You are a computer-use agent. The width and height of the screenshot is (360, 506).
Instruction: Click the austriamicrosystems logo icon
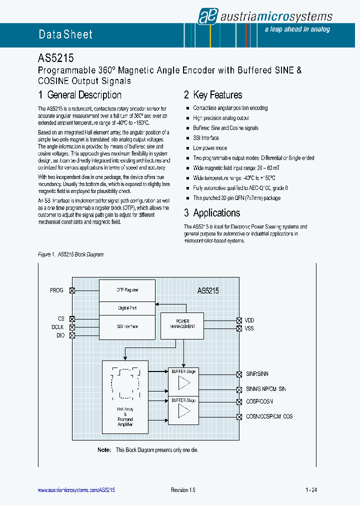[x=206, y=16]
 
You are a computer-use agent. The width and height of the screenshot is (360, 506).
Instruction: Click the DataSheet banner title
[x=65, y=34]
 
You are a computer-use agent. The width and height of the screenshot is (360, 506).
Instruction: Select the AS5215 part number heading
[x=56, y=58]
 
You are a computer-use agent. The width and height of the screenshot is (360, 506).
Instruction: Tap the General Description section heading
[x=80, y=95]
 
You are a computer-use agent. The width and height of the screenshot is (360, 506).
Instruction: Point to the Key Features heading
[x=213, y=95]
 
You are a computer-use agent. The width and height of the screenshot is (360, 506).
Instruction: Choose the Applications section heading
[x=212, y=213]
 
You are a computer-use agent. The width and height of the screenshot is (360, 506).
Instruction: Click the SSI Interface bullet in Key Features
[x=206, y=138]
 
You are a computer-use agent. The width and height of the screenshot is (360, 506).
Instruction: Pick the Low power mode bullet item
[x=210, y=148]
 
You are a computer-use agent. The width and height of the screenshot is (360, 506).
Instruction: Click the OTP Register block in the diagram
[x=127, y=290]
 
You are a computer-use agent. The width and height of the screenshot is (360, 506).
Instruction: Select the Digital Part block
[x=127, y=308]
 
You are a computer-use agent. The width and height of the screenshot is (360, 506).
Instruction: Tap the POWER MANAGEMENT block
[x=182, y=324]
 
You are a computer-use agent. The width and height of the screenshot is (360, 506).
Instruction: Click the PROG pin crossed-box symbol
[x=72, y=290]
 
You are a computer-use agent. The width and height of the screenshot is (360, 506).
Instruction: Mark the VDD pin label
[x=249, y=320]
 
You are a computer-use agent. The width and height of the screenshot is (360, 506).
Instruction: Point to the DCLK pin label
[x=57, y=327]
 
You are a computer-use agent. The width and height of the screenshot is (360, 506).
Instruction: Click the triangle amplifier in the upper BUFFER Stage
[x=184, y=383]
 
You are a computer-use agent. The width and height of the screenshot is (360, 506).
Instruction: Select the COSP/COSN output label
[x=259, y=401]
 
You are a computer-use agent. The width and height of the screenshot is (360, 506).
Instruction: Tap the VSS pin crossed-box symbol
[x=239, y=328]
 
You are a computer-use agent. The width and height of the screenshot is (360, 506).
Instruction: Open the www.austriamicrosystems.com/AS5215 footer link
[x=76, y=490]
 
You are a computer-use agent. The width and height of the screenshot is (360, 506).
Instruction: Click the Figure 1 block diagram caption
[x=70, y=255]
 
